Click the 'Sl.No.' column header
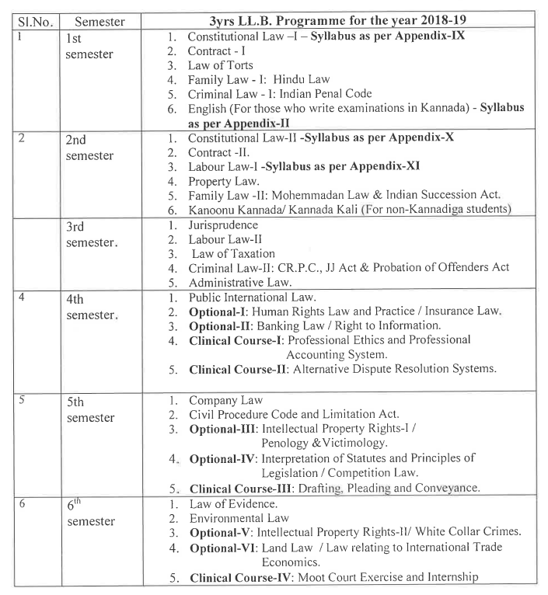coord(34,22)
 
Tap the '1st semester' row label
coord(89,46)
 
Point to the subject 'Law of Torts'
coord(222,64)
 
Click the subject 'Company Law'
coord(225,399)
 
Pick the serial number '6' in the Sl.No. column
coord(23,503)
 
